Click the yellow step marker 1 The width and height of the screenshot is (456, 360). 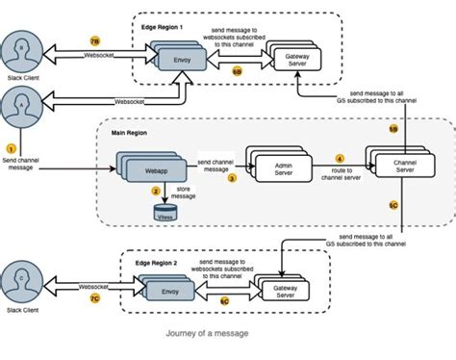12,148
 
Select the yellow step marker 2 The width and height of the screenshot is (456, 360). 156,192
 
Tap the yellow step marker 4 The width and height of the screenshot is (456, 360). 339,158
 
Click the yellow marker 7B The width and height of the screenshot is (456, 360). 94,42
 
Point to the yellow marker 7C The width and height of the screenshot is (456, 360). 94,299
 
